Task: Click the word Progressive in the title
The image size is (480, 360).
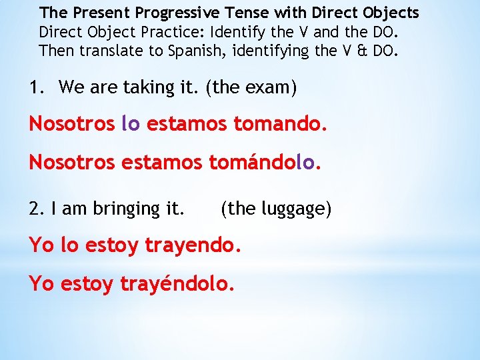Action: click(x=171, y=13)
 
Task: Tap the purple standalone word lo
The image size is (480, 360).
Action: click(x=131, y=124)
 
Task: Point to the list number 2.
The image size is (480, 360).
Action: click(x=35, y=209)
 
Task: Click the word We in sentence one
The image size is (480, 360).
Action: click(x=71, y=87)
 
